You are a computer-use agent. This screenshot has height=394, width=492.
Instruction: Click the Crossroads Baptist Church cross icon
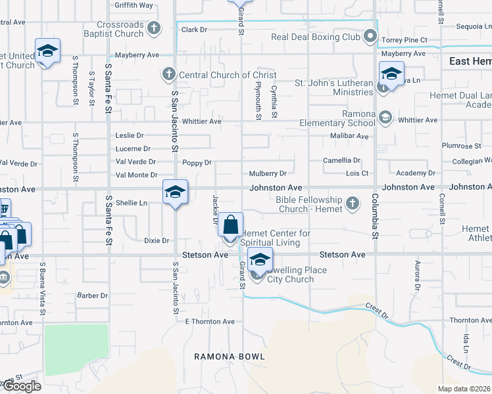(x=154, y=28)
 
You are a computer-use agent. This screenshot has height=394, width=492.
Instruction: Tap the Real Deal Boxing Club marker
(x=370, y=36)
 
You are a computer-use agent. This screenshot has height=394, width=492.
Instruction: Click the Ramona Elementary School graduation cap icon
(x=385, y=118)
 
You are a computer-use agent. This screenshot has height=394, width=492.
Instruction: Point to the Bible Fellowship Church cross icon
(x=353, y=203)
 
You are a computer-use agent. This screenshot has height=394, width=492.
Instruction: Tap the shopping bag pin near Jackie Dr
(x=231, y=225)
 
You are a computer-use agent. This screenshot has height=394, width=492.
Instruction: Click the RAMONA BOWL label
(x=230, y=357)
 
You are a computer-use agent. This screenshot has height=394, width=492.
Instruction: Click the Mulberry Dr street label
(x=268, y=174)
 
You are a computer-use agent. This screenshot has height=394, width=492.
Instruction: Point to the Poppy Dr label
(x=197, y=162)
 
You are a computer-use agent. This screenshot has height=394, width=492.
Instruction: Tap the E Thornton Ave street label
(x=210, y=322)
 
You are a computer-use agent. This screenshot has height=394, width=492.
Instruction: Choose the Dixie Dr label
(x=157, y=241)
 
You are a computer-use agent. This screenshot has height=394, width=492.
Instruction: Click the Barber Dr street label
(x=92, y=295)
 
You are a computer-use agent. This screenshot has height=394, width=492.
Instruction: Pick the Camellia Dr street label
(x=341, y=161)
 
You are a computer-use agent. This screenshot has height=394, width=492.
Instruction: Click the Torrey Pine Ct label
(x=406, y=39)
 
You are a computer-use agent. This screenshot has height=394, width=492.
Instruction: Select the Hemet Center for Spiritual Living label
(x=275, y=238)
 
